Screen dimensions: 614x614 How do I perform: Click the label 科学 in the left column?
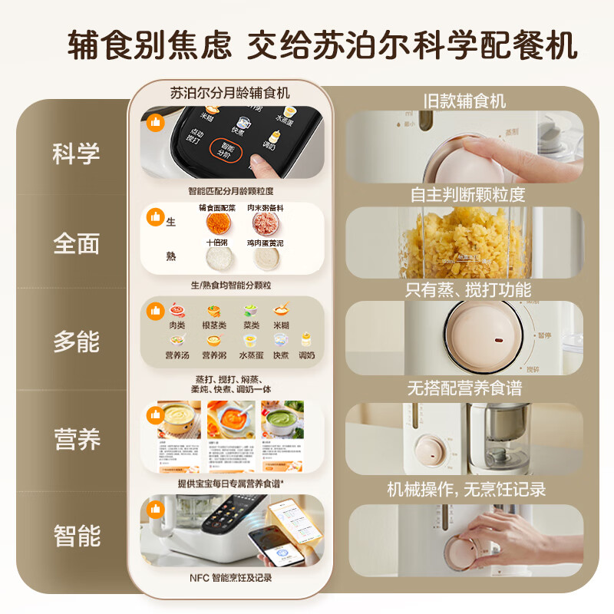(77, 153)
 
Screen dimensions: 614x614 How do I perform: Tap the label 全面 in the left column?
(77, 243)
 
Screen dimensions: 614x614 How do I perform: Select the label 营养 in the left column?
(77, 439)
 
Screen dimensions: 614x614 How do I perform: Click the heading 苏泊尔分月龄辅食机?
(230, 93)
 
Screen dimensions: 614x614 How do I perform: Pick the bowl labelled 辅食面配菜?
(216, 223)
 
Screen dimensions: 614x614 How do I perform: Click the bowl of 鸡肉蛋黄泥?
(265, 259)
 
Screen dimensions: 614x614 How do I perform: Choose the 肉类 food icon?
(177, 312)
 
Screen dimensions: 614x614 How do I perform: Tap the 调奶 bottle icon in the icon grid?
(307, 341)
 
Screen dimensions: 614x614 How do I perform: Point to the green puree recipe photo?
(282, 421)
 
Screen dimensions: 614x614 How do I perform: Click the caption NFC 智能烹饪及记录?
(230, 577)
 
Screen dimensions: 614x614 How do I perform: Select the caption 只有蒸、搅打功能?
(468, 289)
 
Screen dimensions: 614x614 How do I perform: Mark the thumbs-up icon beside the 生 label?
(157, 219)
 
